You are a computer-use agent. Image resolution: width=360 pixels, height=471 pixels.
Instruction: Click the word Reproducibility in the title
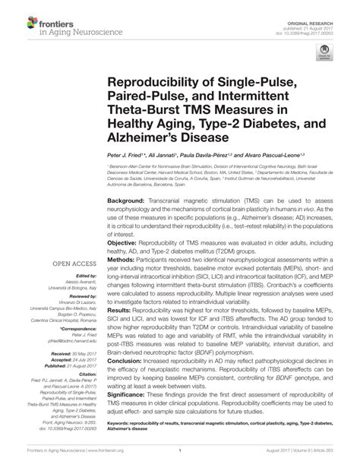pyautogui.click(x=153, y=81)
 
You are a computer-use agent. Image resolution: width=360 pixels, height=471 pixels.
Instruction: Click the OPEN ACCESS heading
pyautogui.click(x=73, y=264)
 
